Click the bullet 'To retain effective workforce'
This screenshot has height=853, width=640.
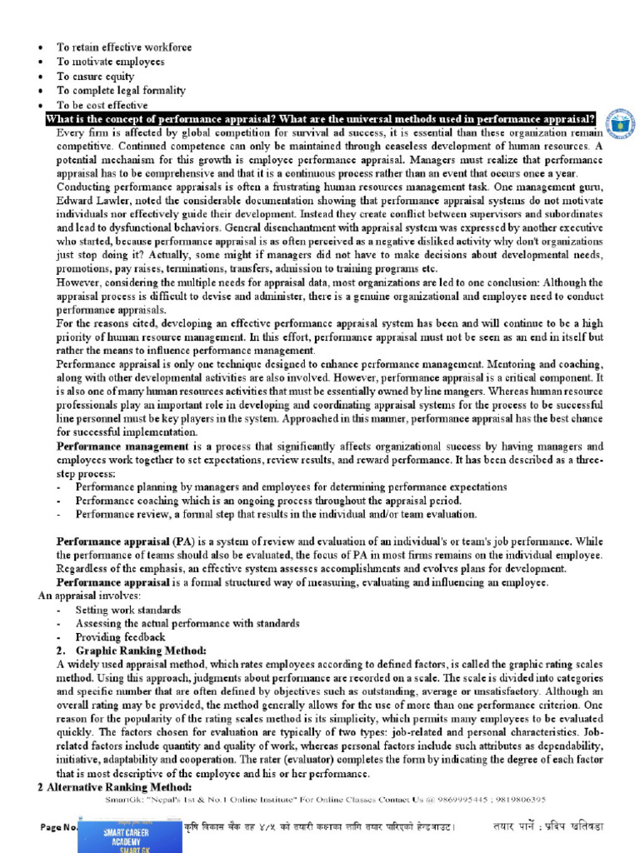[123, 47]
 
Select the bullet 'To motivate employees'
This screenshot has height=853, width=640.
[110, 62]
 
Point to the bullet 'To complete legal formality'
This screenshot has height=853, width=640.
[121, 90]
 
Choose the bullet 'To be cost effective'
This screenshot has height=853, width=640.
[102, 105]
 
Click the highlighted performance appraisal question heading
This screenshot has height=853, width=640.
[321, 118]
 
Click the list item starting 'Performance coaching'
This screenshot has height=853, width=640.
[267, 501]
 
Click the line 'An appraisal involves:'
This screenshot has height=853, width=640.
[89, 596]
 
